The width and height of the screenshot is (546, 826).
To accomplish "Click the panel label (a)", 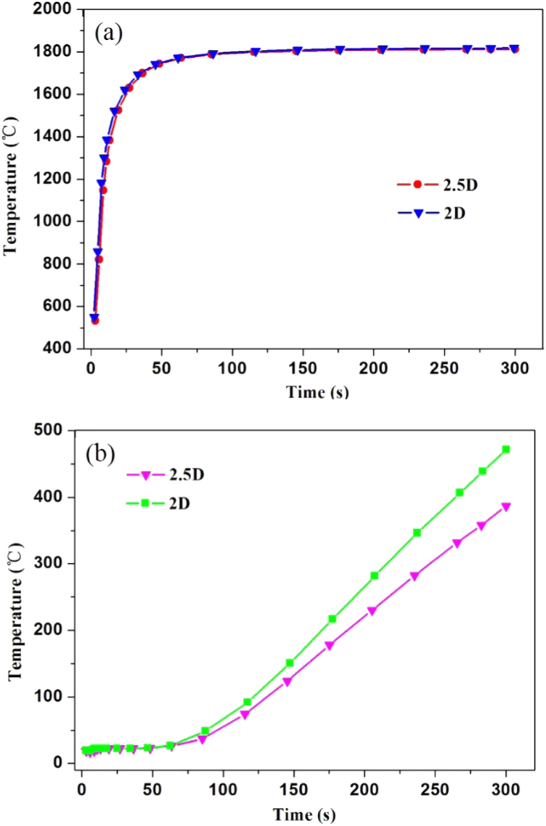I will [x=109, y=33].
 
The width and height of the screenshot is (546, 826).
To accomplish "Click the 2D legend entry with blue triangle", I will [x=431, y=213].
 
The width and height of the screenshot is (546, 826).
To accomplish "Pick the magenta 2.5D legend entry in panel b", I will [x=165, y=475].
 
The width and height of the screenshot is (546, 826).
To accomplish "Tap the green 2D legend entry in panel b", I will [x=158, y=503].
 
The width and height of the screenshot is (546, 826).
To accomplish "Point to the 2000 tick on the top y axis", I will [x=52, y=9].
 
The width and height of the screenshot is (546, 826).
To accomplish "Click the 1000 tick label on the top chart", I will [x=52, y=221].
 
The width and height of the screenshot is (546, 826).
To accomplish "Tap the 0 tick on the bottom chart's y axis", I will [x=57, y=763].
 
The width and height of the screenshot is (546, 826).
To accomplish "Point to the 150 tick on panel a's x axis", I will [x=303, y=368].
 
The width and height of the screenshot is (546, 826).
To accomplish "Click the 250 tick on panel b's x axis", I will [x=435, y=790].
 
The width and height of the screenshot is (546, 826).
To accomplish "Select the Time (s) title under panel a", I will [x=317, y=393].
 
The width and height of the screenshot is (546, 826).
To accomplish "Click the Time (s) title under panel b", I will [x=304, y=814].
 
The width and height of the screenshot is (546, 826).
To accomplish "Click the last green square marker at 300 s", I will [x=506, y=449].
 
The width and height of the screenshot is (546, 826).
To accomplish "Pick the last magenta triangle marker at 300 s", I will [x=506, y=507].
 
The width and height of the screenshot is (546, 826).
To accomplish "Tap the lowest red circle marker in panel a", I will [x=95, y=321].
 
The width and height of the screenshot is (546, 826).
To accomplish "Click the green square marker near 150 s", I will [x=290, y=663].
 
